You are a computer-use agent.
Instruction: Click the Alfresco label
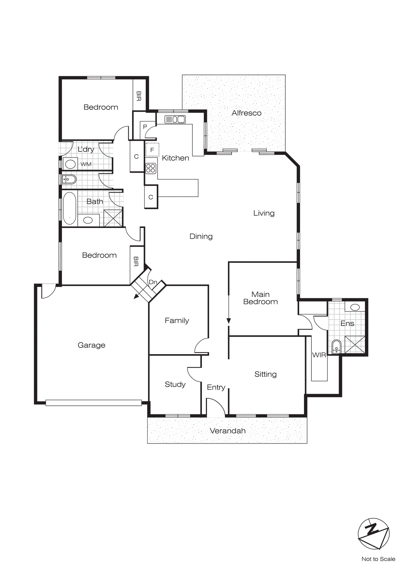[246, 113]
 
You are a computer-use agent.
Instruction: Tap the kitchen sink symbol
[175, 119]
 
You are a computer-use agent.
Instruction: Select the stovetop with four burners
[151, 168]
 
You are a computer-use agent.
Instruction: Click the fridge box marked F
[152, 150]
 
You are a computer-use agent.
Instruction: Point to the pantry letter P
[145, 127]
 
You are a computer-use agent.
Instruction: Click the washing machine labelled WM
[71, 164]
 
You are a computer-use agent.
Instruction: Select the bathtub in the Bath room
[69, 208]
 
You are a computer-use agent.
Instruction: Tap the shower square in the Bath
[113, 218]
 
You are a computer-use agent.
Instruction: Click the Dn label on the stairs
[153, 282]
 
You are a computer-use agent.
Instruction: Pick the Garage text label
[92, 345]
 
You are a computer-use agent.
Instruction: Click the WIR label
[319, 355]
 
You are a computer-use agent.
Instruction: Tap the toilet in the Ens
[336, 347]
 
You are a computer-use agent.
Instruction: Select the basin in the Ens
[355, 307]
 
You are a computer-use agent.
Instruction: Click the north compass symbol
[373, 534]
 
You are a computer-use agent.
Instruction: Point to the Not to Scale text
[378, 559]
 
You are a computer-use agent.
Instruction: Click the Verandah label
[228, 431]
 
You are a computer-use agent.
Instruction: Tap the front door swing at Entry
[216, 407]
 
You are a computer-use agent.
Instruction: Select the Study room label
[175, 384]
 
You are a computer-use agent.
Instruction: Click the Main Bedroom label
[260, 298]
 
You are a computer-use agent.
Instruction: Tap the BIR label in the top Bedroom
[139, 96]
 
